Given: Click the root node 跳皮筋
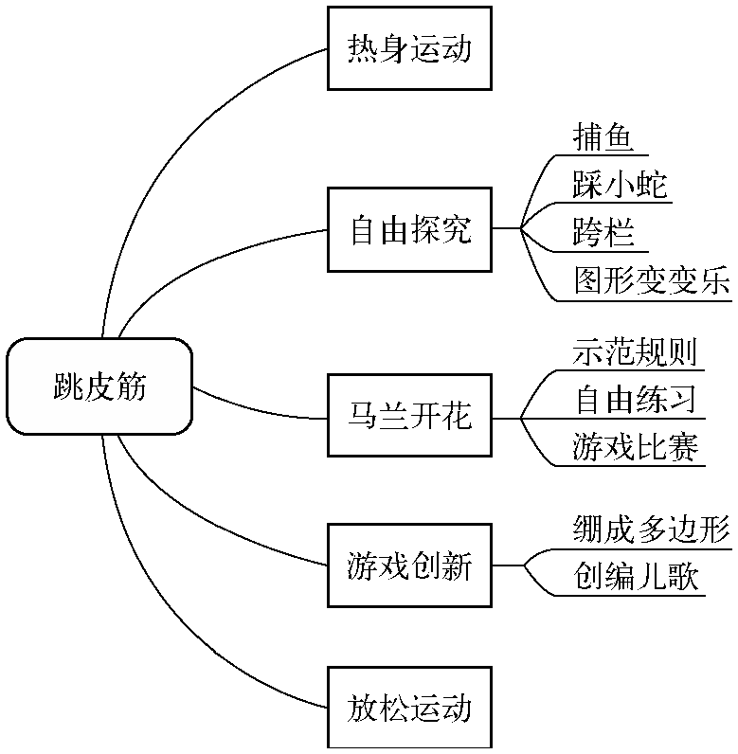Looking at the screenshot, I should click(99, 386).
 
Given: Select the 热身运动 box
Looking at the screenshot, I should click(409, 48).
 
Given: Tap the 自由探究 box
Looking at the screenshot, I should click(409, 230).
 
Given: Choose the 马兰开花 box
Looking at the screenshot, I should click(409, 416).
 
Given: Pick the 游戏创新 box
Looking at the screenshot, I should click(409, 565).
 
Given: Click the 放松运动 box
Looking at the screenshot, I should click(409, 709).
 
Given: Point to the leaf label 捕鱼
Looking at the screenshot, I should click(603, 137).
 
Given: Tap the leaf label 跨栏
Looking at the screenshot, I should click(603, 231).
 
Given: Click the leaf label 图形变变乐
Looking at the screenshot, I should click(651, 280).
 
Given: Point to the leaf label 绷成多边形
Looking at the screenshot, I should click(651, 529).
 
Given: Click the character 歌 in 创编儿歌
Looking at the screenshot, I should click(684, 576).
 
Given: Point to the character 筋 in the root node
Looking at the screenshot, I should click(132, 386).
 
